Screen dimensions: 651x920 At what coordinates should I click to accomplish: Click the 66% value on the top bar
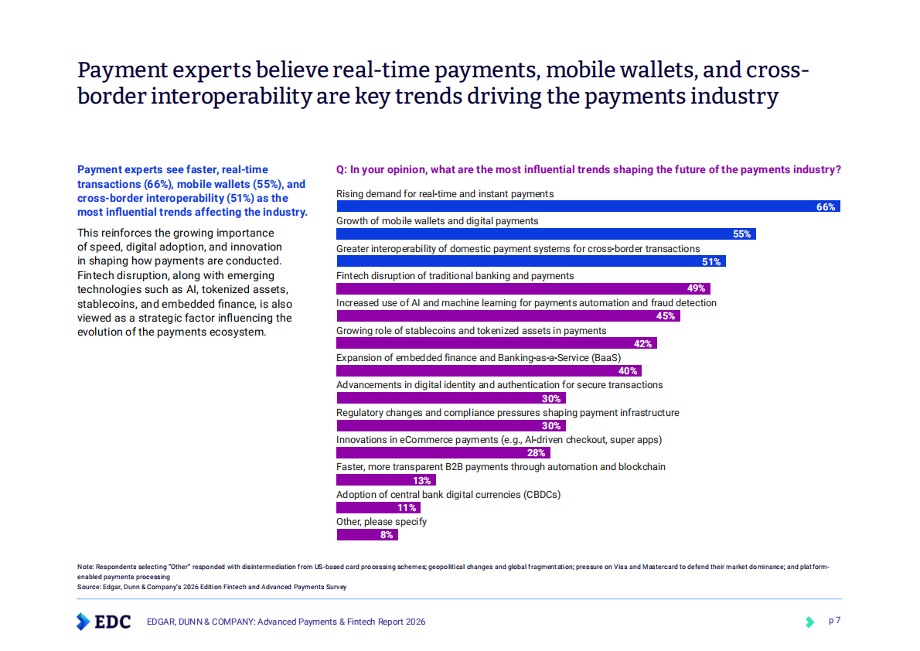click(826, 207)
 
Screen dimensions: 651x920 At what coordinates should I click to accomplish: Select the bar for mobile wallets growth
click(545, 234)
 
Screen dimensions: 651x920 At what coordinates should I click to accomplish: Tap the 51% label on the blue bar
click(711, 262)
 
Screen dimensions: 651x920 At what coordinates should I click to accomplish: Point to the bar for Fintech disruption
click(522, 289)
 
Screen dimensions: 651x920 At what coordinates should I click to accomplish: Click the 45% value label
click(665, 316)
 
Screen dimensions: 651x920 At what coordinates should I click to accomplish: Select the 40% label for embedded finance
click(628, 371)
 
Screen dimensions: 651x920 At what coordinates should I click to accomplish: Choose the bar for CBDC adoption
click(378, 508)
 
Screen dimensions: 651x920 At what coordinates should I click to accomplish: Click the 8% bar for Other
click(367, 535)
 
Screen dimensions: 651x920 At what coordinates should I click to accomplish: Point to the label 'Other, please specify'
click(381, 522)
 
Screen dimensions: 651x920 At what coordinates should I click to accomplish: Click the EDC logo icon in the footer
click(83, 622)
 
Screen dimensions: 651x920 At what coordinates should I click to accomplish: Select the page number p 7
click(835, 621)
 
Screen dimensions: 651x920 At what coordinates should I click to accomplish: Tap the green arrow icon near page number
click(809, 622)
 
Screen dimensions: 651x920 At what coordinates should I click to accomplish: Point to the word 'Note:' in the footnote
click(85, 567)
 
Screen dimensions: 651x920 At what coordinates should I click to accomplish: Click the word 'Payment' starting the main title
click(124, 70)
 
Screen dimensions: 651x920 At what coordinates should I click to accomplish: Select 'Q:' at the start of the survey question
click(341, 170)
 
